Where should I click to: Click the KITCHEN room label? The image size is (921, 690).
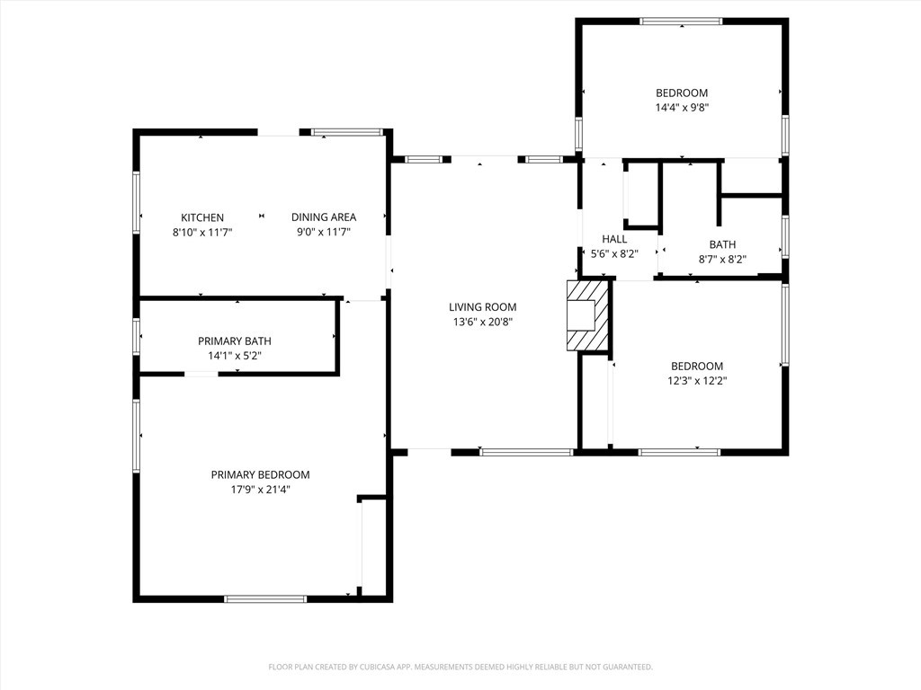(202, 217)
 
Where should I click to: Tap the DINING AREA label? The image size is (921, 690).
(324, 217)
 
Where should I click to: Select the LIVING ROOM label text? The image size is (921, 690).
(483, 307)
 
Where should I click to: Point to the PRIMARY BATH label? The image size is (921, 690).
(235, 341)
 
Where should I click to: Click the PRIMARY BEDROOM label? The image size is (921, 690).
(260, 474)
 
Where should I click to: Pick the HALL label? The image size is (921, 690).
(614, 239)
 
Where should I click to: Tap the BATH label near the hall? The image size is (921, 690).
(722, 244)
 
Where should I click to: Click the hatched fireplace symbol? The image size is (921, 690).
(586, 315)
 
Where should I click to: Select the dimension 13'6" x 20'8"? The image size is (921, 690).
(483, 322)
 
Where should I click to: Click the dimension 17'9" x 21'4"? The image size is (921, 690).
(260, 490)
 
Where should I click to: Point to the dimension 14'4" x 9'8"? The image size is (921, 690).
(682, 108)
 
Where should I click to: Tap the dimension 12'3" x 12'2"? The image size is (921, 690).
(697, 380)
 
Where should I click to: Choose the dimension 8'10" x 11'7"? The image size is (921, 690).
(202, 232)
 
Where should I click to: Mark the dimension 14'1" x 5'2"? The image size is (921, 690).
(235, 356)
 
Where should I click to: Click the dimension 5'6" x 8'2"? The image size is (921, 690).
(614, 253)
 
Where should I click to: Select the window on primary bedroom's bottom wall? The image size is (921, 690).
(265, 599)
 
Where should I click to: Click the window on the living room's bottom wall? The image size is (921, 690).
(526, 453)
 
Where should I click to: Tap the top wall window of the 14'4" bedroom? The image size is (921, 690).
(682, 22)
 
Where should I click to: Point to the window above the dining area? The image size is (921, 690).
(347, 132)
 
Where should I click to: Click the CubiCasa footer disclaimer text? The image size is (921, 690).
(460, 668)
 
